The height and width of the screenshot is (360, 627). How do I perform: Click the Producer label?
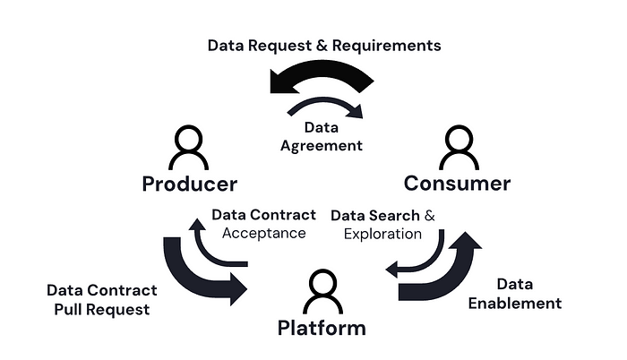point(190,184)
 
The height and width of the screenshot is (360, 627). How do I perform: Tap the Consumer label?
point(457,184)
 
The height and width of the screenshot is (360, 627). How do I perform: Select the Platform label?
point(322,328)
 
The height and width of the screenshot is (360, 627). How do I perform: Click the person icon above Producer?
point(188,147)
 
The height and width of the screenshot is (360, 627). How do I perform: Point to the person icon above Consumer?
point(459,147)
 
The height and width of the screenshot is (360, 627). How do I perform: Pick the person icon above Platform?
point(322,291)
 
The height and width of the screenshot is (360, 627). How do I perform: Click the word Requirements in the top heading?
point(387,46)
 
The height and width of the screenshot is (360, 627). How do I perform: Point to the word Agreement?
point(322,146)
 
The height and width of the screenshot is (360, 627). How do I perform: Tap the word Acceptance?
point(264,233)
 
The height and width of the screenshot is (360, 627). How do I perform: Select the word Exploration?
point(382,234)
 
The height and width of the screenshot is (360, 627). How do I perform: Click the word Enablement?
point(515,304)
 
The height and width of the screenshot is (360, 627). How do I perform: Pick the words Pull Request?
point(102,310)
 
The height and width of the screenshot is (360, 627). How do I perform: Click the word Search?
point(394,216)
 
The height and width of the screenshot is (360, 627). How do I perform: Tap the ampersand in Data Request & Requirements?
point(322,46)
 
